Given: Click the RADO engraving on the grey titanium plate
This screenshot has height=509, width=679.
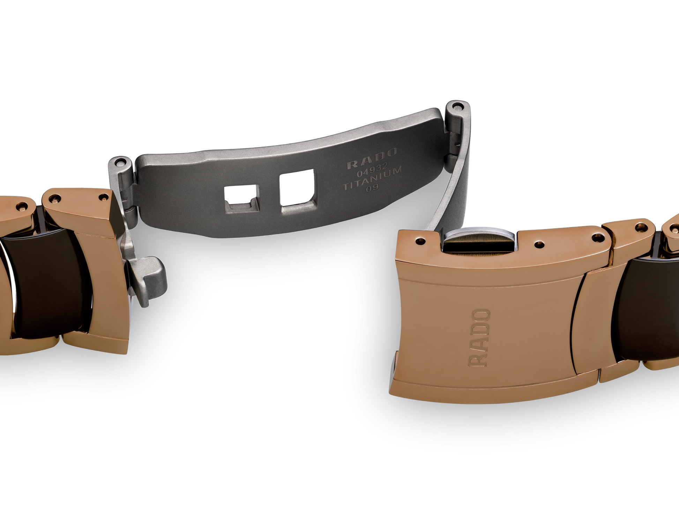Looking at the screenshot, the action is tap(372, 159).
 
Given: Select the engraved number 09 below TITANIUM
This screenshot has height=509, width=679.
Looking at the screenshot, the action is tap(372, 188).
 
